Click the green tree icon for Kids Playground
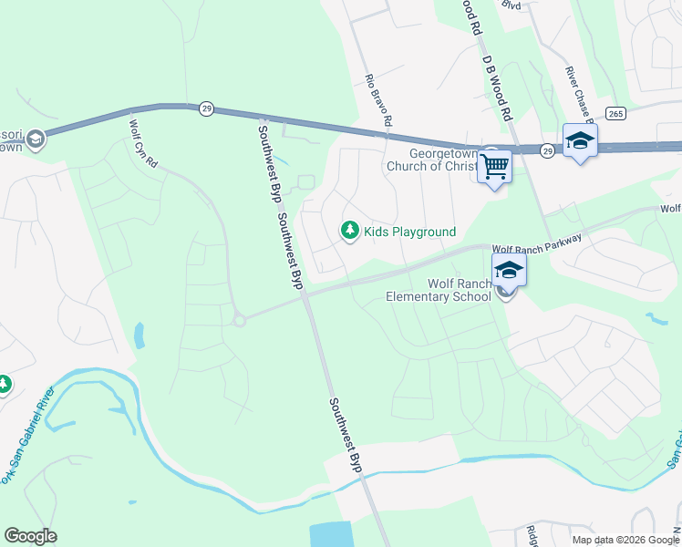pyautogui.click(x=349, y=232)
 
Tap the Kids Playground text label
pyautogui.click(x=409, y=232)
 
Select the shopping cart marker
pyautogui.click(x=494, y=167)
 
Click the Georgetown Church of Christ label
pyautogui.click(x=431, y=160)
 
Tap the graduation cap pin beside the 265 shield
pyautogui.click(x=579, y=140)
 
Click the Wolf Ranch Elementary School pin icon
pyautogui.click(x=509, y=270)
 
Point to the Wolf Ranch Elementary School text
pyautogui.click(x=439, y=289)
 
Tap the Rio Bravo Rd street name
pyautogui.click(x=378, y=101)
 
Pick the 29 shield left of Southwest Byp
pyautogui.click(x=207, y=108)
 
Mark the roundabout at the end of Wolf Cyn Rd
pyautogui.click(x=240, y=320)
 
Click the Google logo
pyautogui.click(x=30, y=536)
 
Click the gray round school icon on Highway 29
pyautogui.click(x=36, y=139)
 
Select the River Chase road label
pyautogui.click(x=578, y=94)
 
